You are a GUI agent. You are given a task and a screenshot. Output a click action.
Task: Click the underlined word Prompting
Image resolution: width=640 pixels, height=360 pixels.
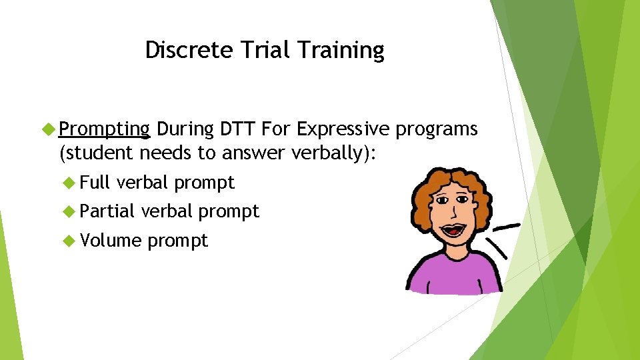pyautogui.click(x=104, y=129)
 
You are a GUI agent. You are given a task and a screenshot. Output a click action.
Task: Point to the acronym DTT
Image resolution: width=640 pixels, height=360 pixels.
pyautogui.click(x=236, y=128)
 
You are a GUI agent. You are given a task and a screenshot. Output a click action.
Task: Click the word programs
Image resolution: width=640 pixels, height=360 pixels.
pyautogui.click(x=437, y=129)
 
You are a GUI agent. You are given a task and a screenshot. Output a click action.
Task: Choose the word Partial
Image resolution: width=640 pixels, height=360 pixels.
pyautogui.click(x=108, y=211)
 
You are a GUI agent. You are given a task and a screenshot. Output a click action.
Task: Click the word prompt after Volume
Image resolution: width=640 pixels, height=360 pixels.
pyautogui.click(x=178, y=241)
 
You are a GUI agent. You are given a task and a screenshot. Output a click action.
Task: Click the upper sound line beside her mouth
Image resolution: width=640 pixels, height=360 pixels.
pyautogui.click(x=507, y=227)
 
